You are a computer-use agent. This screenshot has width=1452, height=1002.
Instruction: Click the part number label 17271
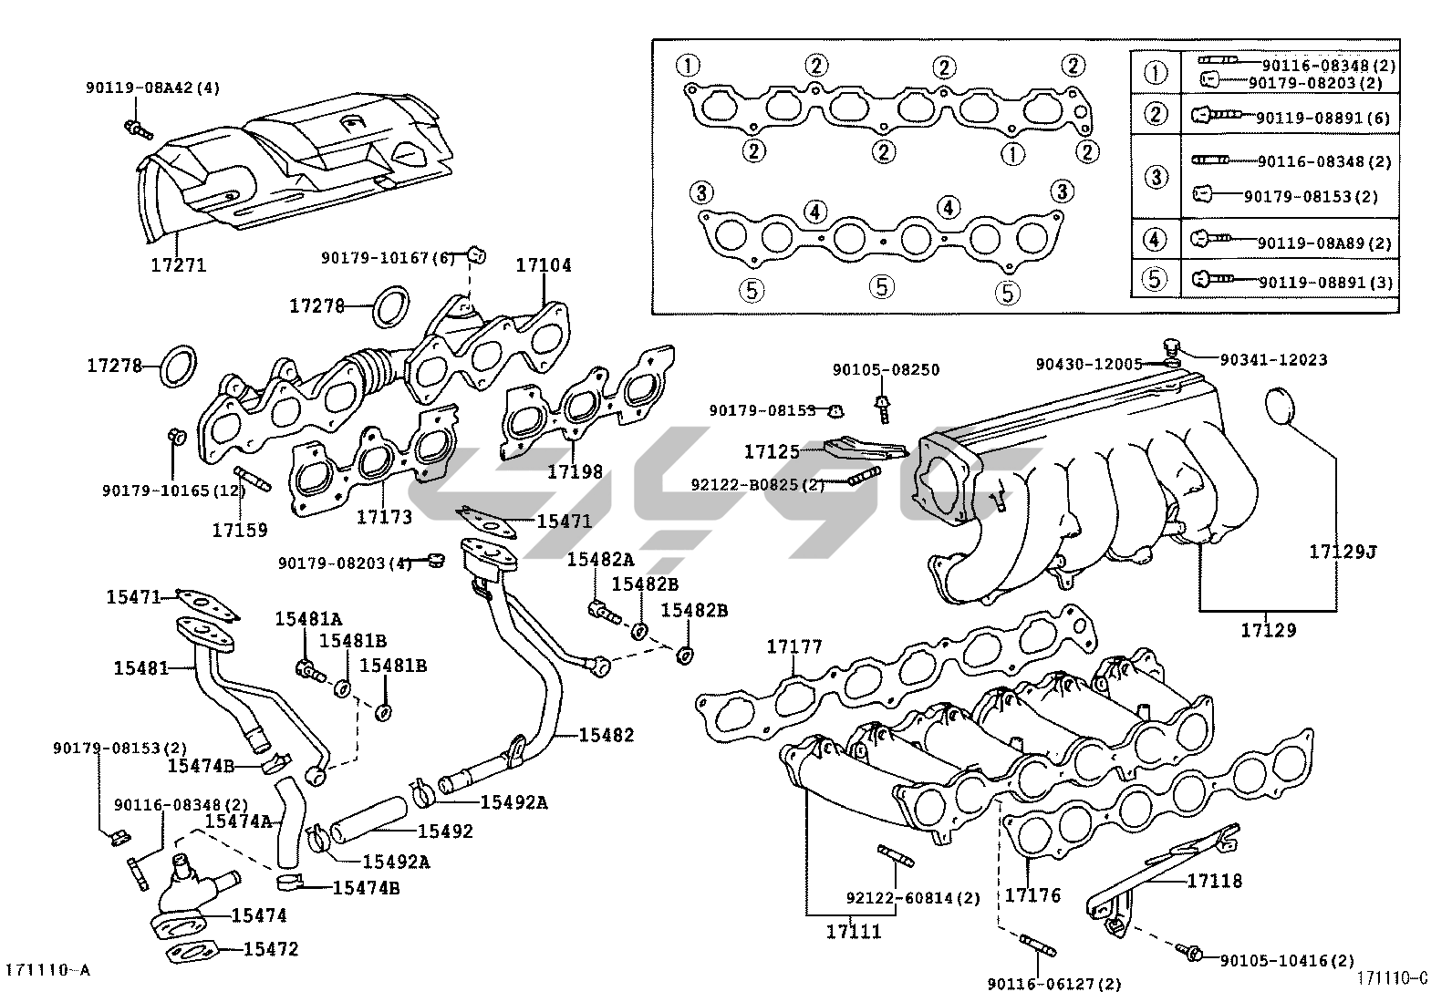(179, 265)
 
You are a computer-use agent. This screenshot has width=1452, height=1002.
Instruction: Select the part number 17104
(544, 265)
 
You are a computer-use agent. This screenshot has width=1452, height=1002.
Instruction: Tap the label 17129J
(1342, 552)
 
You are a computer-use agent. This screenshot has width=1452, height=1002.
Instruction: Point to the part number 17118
(1214, 881)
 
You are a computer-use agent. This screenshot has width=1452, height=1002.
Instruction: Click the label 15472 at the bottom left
(271, 949)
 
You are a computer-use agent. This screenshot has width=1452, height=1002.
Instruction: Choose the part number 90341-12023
(1263, 359)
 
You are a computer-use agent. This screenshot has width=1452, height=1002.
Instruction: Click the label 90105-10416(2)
(1287, 960)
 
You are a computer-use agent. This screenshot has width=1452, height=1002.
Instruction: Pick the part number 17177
(793, 646)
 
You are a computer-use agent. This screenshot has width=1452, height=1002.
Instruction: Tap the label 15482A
(600, 559)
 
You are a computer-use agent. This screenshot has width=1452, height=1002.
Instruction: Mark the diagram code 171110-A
(48, 970)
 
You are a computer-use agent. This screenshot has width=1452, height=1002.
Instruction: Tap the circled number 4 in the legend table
(1155, 241)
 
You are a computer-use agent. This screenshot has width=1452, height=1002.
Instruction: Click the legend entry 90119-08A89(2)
(1324, 243)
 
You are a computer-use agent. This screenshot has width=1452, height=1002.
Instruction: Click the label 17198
(575, 471)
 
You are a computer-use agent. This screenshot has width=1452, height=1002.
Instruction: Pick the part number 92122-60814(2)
(913, 898)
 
